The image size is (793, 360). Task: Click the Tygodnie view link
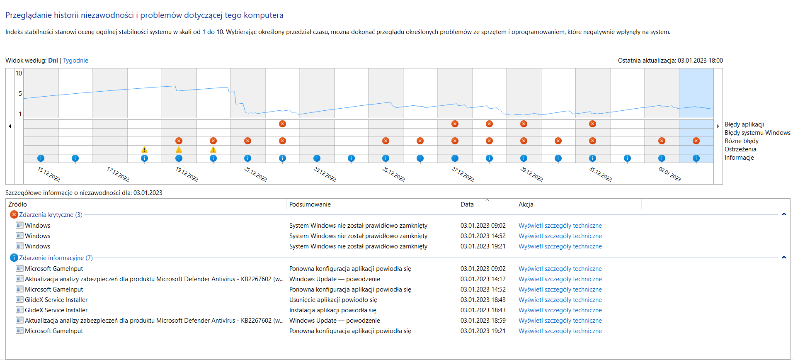pos(75,61)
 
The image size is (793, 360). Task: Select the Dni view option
pos(53,61)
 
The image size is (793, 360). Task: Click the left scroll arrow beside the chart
pos(10,126)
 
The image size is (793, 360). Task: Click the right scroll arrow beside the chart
pos(718,126)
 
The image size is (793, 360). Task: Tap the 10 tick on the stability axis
pos(19,73)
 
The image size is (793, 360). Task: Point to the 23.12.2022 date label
pos(325,174)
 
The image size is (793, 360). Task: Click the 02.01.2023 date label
pos(669,174)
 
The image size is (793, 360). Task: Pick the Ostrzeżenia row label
pos(740,149)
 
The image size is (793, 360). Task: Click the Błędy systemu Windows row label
pos(757,133)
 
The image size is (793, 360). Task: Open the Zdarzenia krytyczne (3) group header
pos(51,215)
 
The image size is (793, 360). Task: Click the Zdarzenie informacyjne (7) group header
pos(56,258)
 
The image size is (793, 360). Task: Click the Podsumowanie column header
pos(310,204)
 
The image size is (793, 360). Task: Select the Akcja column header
pos(526,204)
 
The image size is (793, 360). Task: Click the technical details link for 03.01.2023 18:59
pos(560,321)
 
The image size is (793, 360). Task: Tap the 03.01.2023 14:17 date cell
pos(483,279)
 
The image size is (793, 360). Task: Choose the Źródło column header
pos(18,204)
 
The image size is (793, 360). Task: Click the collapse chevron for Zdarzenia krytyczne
pos(784,214)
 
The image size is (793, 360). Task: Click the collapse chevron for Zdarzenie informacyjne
pos(784,258)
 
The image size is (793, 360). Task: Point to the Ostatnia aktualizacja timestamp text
pos(670,61)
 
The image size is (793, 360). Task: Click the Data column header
pos(467,204)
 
